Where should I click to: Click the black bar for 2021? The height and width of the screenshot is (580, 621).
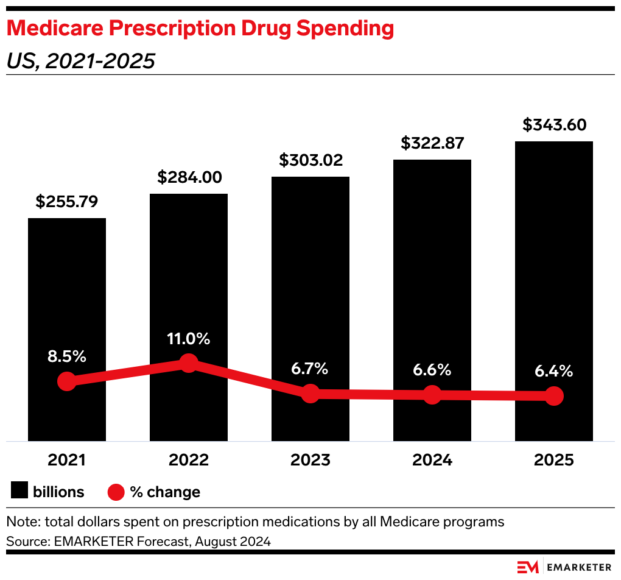point(67,292)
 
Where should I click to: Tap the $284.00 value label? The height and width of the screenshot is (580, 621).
point(189,177)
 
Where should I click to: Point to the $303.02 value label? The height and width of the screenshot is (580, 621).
point(310,160)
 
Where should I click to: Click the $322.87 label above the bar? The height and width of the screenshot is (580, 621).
point(432,143)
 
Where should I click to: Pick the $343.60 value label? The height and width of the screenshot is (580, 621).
point(554,125)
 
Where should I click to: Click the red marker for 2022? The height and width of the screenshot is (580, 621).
point(189,363)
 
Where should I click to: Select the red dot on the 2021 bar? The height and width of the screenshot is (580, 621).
point(67,382)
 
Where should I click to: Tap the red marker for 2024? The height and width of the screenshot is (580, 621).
point(432,395)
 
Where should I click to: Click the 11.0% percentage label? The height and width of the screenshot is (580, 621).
point(189,339)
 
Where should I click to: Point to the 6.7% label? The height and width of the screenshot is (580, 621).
point(310,369)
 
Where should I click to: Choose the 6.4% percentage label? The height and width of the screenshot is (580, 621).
point(554,371)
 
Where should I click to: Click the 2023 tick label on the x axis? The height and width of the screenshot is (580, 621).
point(310,460)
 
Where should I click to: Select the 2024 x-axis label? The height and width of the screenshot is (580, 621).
point(432,460)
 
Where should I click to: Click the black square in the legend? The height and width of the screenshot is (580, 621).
point(19,491)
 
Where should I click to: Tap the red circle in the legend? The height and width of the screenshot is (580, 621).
point(116,492)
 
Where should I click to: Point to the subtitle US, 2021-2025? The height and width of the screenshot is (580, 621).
point(80,61)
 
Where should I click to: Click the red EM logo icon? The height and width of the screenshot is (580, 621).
point(527,567)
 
